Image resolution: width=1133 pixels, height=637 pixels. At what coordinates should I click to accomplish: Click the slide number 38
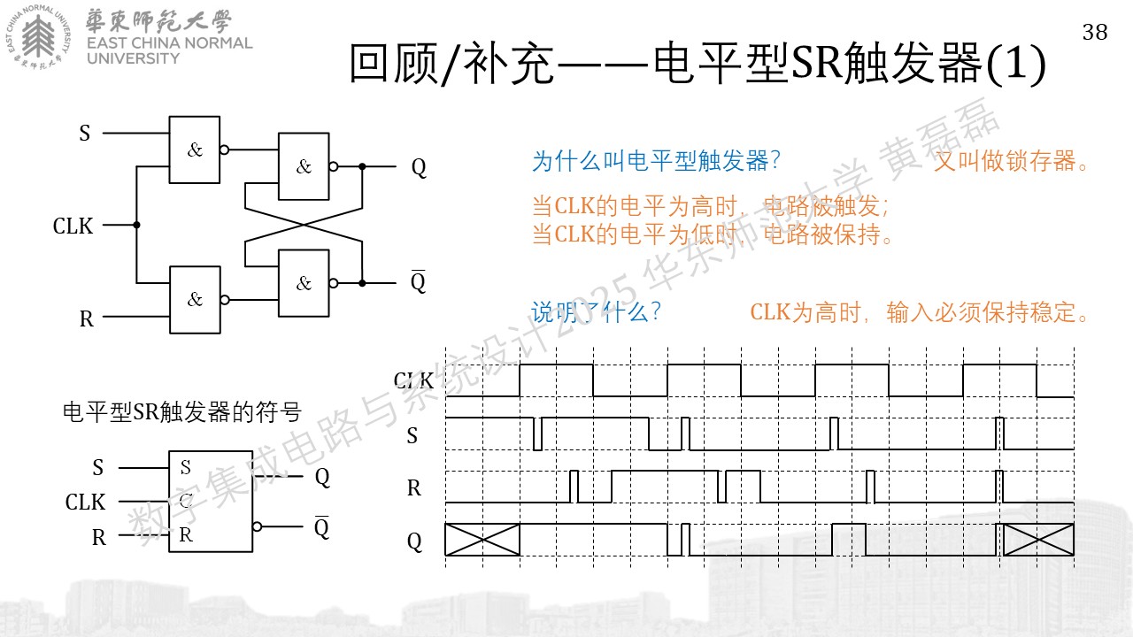pyautogui.click(x=1095, y=33)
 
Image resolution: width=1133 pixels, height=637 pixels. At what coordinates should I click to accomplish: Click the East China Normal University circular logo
pyautogui.click(x=38, y=37)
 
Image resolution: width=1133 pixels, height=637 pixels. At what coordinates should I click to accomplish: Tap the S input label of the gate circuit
pyautogui.click(x=84, y=134)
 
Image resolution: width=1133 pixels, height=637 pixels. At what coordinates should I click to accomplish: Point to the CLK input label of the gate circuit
pyautogui.click(x=73, y=226)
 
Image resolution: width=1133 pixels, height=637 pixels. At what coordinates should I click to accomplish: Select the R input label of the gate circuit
pyautogui.click(x=87, y=319)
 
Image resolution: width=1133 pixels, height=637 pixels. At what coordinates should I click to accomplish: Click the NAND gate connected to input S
pyautogui.click(x=194, y=150)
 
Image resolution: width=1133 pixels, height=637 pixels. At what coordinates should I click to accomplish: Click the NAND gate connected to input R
pyautogui.click(x=195, y=300)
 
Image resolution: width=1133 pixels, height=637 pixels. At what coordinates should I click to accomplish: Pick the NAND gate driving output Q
pyautogui.click(x=304, y=166)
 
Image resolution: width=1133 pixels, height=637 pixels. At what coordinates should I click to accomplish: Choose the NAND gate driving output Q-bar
pyautogui.click(x=304, y=283)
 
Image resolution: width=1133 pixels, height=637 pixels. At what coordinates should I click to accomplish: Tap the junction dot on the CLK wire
pyautogui.click(x=136, y=225)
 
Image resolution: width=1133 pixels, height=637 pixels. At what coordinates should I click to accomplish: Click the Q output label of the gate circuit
pyautogui.click(x=419, y=167)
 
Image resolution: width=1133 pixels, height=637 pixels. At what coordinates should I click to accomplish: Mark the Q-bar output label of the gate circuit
pyautogui.click(x=419, y=281)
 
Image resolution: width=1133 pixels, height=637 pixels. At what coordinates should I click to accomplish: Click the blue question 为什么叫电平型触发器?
pyautogui.click(x=656, y=161)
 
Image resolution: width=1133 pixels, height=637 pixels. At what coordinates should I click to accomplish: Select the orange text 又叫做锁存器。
pyautogui.click(x=1010, y=161)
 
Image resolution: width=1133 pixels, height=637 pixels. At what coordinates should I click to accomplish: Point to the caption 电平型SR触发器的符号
pyautogui.click(x=182, y=412)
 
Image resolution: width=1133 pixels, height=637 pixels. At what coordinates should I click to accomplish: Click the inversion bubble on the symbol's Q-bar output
pyautogui.click(x=257, y=526)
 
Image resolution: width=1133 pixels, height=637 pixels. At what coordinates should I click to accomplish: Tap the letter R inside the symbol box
pyautogui.click(x=186, y=534)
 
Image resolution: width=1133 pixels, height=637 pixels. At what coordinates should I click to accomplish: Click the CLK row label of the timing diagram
pyautogui.click(x=413, y=380)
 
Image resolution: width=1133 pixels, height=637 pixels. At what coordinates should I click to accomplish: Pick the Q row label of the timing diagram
pyautogui.click(x=414, y=541)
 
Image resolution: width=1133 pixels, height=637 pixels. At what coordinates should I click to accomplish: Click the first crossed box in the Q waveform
pyautogui.click(x=482, y=540)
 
